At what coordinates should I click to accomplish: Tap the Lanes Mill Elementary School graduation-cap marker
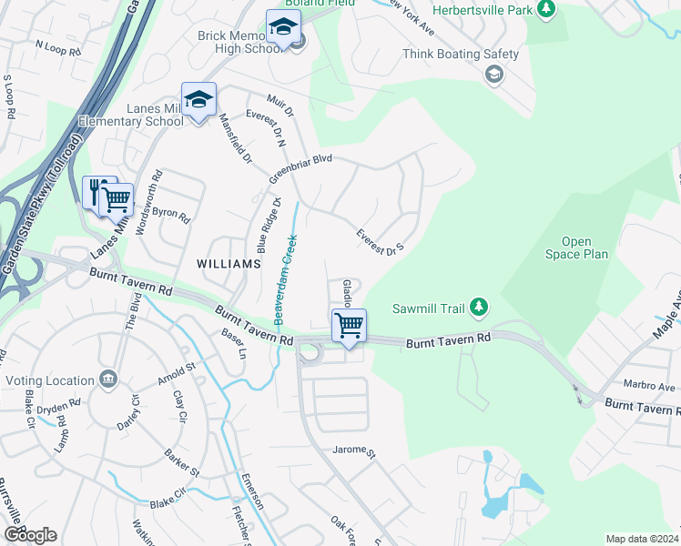(x=198, y=99)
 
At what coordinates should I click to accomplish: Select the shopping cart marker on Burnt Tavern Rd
(x=350, y=326)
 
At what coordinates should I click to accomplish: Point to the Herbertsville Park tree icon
(x=546, y=9)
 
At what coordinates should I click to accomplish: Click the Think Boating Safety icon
(x=494, y=74)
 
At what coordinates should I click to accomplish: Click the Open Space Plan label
(x=577, y=248)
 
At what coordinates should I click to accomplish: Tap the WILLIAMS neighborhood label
(x=229, y=263)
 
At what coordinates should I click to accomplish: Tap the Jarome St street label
(x=354, y=450)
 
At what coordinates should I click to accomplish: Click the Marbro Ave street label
(x=649, y=386)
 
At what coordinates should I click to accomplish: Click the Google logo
(x=30, y=535)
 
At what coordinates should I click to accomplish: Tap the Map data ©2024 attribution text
(x=642, y=539)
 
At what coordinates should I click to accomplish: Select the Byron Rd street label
(x=170, y=217)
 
